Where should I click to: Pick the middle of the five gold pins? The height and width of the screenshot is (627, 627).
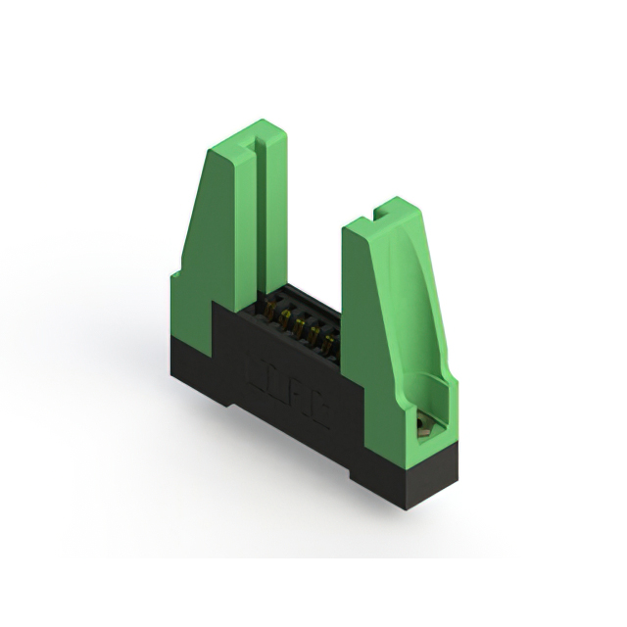coord(301,328)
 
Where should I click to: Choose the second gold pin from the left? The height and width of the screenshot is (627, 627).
coord(285,320)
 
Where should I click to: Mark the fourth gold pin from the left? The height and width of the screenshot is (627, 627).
coord(315,336)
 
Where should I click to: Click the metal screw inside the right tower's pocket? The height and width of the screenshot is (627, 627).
coord(422,425)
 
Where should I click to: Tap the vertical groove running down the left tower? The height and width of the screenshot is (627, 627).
coord(260,216)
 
